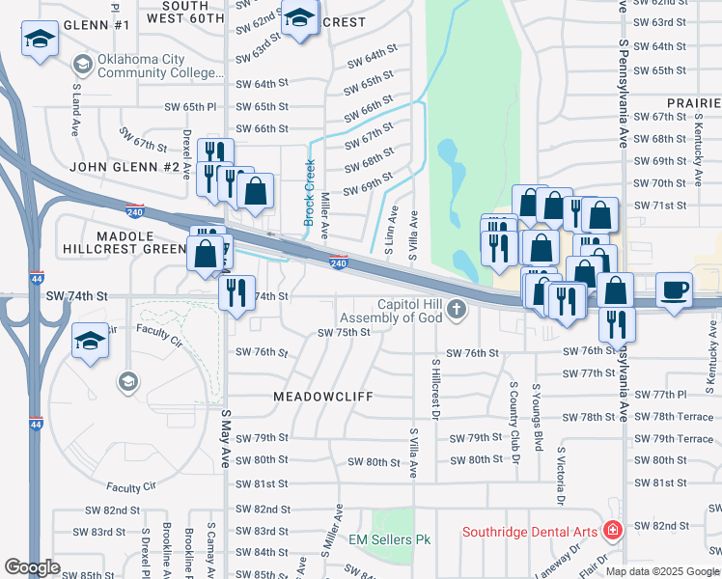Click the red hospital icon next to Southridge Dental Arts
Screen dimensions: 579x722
point(611,531)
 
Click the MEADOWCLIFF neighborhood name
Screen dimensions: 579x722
point(321,396)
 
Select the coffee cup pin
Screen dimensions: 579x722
point(674,289)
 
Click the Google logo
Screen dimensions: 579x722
point(33,567)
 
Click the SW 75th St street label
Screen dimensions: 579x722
point(345,332)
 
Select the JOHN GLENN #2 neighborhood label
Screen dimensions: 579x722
point(125,167)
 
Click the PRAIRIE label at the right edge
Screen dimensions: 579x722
point(693,102)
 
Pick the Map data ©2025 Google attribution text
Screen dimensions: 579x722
point(662,571)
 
